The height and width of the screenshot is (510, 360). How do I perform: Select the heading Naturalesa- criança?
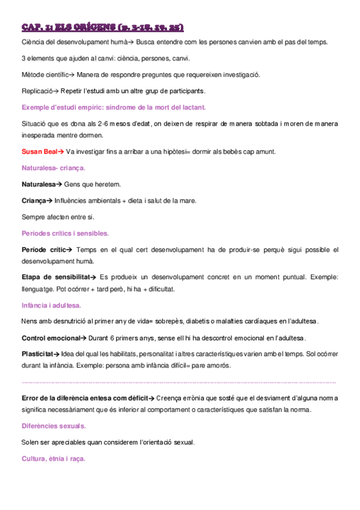click(53, 168)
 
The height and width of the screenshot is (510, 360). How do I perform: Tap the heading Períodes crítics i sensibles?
click(64, 233)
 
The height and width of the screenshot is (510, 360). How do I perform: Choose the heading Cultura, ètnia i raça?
click(53, 458)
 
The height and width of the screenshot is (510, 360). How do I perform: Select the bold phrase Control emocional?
click(49, 338)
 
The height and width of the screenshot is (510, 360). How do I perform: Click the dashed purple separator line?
click(179, 382)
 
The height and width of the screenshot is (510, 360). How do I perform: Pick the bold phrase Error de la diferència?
click(66, 398)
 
